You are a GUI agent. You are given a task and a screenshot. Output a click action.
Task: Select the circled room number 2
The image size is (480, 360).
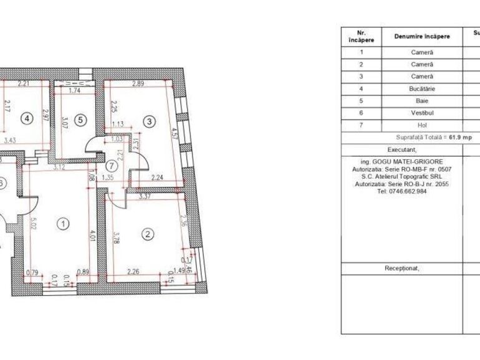(148, 234)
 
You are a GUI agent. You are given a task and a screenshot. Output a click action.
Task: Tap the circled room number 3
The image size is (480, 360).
(148, 121)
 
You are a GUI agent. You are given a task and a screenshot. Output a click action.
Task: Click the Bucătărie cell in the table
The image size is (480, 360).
(422, 88)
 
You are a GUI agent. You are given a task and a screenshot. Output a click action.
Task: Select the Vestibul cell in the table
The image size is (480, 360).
(422, 113)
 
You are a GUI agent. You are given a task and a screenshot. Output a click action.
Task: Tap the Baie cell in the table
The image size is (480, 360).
(422, 101)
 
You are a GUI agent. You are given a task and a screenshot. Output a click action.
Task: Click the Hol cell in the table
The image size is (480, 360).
(422, 125)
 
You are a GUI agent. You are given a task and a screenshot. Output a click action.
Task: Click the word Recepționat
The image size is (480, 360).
(401, 268)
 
